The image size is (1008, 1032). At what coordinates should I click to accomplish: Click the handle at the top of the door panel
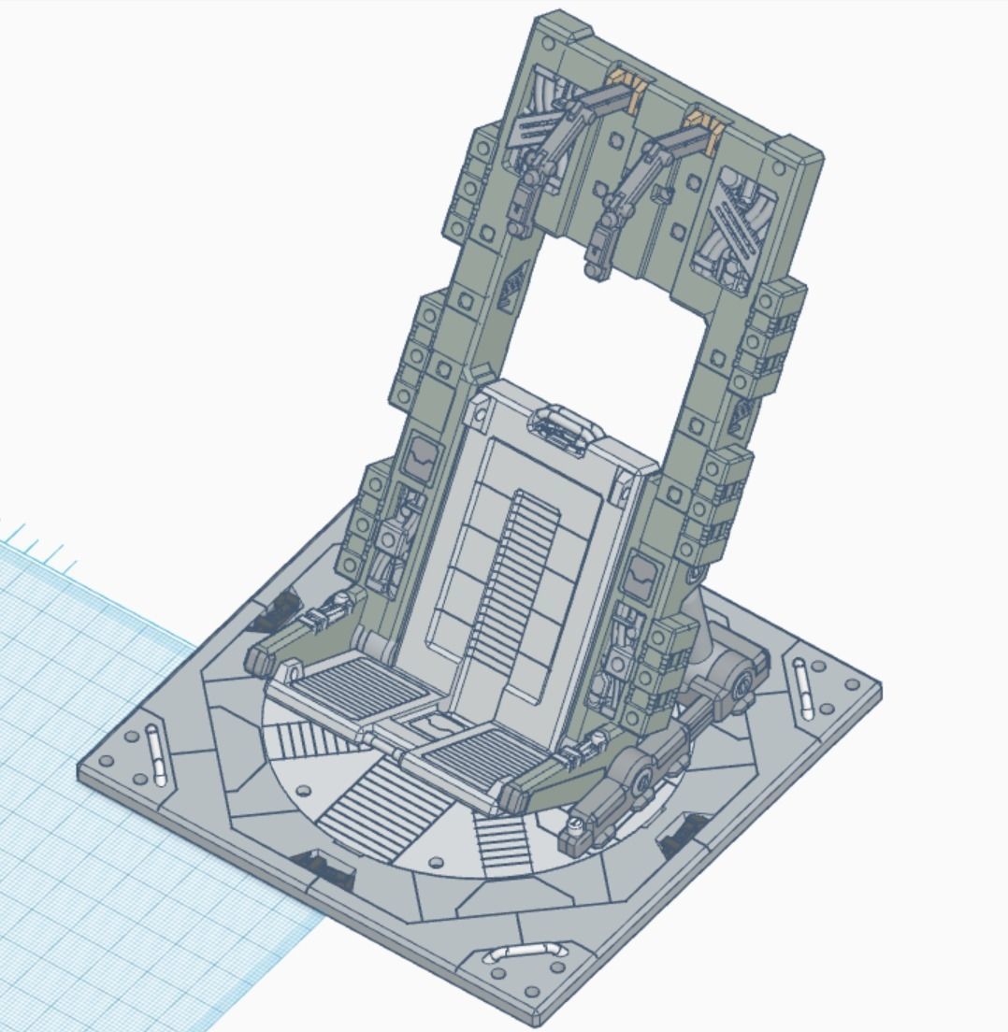566,429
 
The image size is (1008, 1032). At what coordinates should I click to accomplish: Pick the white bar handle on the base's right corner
803,689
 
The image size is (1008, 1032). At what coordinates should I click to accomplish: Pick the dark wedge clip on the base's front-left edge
323,868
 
